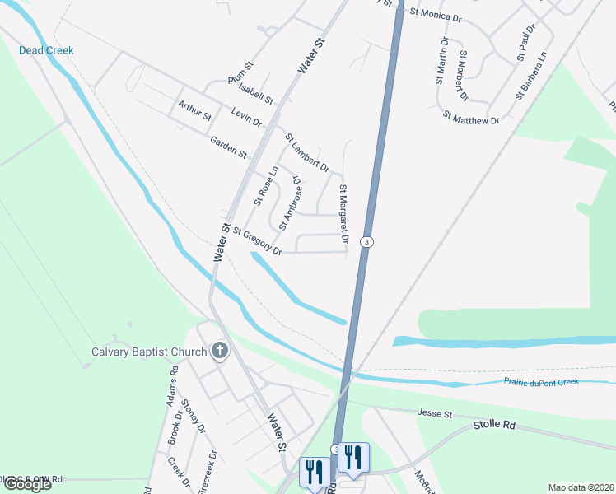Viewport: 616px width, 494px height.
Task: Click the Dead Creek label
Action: (x=46, y=50)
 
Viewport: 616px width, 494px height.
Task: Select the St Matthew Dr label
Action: (x=471, y=119)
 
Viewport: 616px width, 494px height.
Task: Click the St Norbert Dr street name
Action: (x=464, y=75)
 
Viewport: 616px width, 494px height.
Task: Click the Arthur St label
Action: (x=194, y=107)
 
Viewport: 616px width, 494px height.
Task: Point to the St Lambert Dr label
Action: (x=307, y=153)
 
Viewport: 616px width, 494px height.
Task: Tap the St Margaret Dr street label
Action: (x=343, y=214)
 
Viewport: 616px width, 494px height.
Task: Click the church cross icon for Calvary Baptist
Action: (x=219, y=352)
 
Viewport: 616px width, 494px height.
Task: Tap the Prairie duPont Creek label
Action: (x=541, y=381)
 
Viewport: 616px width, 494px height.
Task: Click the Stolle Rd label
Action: (x=494, y=425)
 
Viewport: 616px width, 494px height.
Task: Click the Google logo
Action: (x=27, y=483)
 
